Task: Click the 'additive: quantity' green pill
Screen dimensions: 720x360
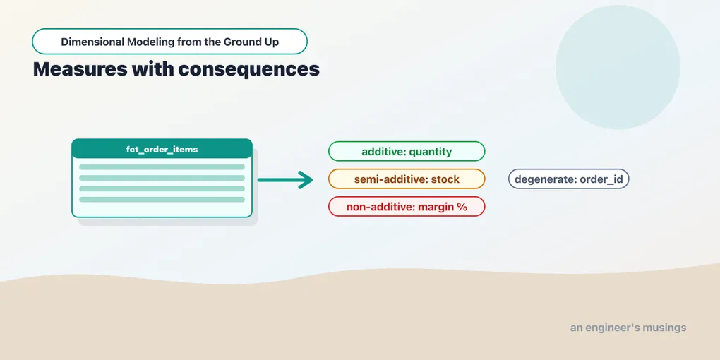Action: pos(407,152)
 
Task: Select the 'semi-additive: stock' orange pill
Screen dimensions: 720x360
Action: pos(407,179)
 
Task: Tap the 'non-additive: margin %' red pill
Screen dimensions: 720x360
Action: pos(407,207)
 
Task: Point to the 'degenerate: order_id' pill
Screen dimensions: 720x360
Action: pos(568,179)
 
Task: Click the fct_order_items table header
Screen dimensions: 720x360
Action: pos(162,149)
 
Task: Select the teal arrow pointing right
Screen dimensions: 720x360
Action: pos(284,179)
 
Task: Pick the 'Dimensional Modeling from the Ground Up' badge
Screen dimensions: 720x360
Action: pos(169,42)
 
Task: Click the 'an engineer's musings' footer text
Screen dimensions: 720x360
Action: pos(628,328)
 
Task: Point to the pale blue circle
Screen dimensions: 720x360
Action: pos(618,67)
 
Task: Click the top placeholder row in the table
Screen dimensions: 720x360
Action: pos(162,167)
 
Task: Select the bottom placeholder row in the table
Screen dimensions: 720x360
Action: pos(162,199)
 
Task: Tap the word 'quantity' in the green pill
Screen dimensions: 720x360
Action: pos(431,152)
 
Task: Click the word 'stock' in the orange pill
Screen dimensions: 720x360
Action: pos(445,179)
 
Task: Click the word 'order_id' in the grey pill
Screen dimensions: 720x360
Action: pos(601,179)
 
